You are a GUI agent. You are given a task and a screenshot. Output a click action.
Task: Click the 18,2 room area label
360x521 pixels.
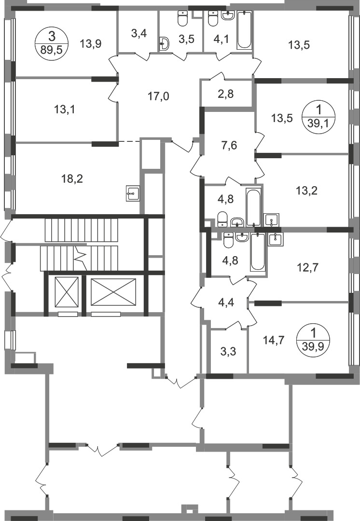tap(72, 179)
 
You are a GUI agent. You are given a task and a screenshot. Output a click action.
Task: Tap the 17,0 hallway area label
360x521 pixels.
tap(159, 96)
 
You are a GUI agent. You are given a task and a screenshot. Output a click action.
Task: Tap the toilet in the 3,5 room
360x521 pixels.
tap(183, 18)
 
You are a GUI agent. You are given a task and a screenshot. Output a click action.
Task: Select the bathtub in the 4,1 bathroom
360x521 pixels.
tap(244, 30)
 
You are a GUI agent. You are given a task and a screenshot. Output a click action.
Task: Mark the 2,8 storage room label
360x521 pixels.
tap(226, 94)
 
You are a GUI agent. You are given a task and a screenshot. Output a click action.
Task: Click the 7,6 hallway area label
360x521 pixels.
tap(229, 145)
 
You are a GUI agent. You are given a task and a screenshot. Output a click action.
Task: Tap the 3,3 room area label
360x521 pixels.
tap(228, 351)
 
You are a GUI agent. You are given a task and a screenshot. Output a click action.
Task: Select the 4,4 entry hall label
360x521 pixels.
tap(226, 303)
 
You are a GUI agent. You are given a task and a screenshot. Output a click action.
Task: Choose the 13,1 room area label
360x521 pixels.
tap(65, 109)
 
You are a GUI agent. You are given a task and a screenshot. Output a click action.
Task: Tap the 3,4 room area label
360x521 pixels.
tap(139, 34)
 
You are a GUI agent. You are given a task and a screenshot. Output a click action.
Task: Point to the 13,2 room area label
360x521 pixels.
tap(306, 191)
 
